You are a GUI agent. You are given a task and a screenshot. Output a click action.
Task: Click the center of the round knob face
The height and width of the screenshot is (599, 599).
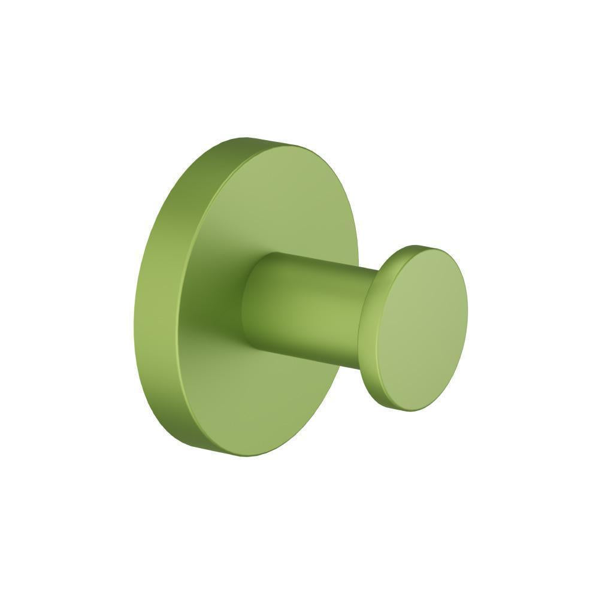pyautogui.click(x=423, y=329)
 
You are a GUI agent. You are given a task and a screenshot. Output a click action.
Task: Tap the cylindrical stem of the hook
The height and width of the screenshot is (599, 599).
pyautogui.click(x=305, y=305)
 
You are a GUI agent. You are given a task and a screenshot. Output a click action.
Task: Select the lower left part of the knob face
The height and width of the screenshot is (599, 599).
pyautogui.click(x=398, y=371)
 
